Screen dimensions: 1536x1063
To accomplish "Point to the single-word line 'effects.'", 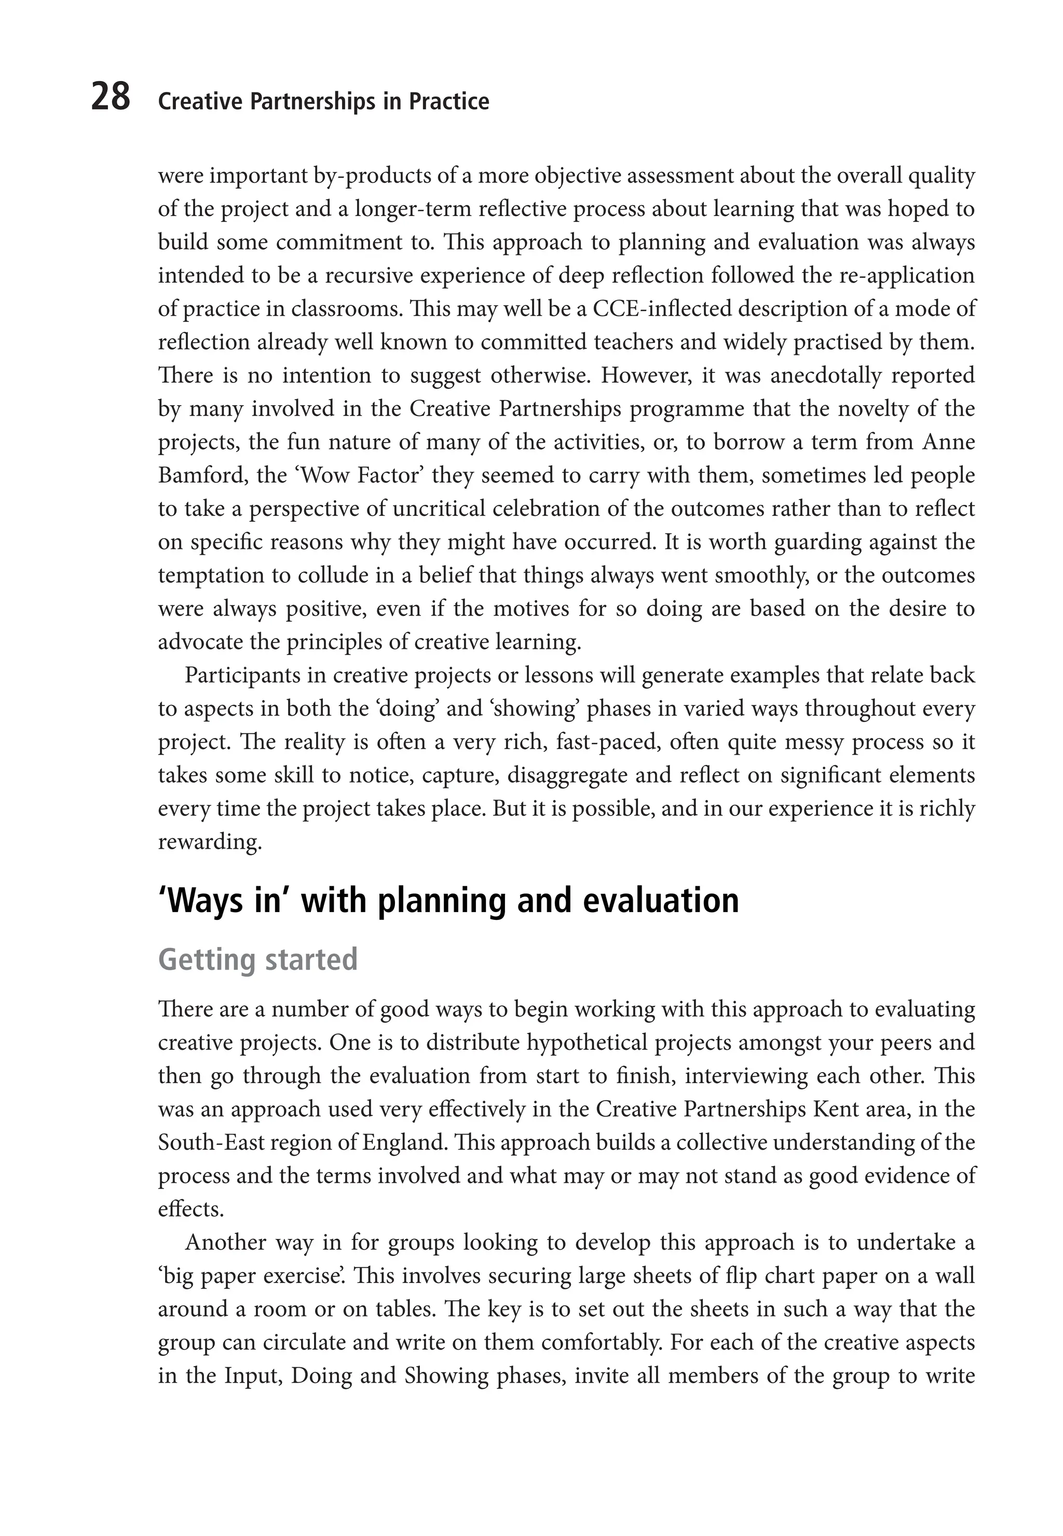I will click(190, 1209).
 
